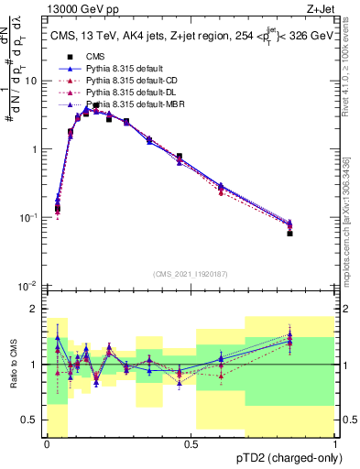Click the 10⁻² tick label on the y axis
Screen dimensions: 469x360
[29, 286]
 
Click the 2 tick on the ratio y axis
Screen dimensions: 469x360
[35, 309]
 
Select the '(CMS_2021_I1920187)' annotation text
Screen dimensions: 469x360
[191, 274]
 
